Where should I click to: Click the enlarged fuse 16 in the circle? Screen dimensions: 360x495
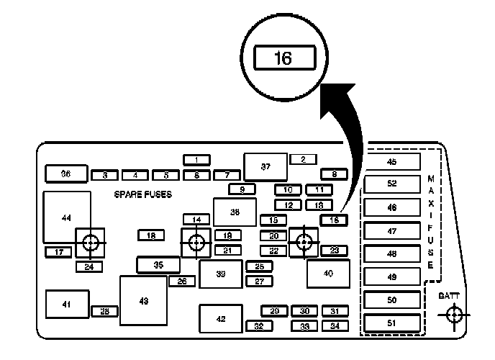(x=283, y=58)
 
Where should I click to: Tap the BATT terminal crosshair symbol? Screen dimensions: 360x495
(x=453, y=315)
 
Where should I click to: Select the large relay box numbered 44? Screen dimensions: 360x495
(x=67, y=217)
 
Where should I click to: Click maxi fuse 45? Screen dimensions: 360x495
(x=392, y=161)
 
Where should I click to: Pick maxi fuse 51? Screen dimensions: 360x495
(x=392, y=323)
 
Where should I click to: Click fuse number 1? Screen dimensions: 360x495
(x=196, y=160)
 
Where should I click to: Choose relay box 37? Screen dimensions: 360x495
(x=265, y=167)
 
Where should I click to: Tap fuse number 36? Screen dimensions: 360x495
(x=65, y=174)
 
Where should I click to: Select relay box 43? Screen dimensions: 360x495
(x=143, y=300)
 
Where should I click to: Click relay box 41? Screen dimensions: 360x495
(x=67, y=305)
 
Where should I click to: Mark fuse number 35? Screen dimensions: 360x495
(x=158, y=265)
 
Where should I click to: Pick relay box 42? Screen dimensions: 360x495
(x=221, y=319)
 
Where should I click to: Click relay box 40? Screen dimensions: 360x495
(x=328, y=274)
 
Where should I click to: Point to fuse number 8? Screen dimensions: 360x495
(x=334, y=174)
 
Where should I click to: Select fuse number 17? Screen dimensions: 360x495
(x=58, y=252)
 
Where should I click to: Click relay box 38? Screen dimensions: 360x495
(x=235, y=212)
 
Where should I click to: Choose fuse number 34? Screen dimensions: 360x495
(x=334, y=326)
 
